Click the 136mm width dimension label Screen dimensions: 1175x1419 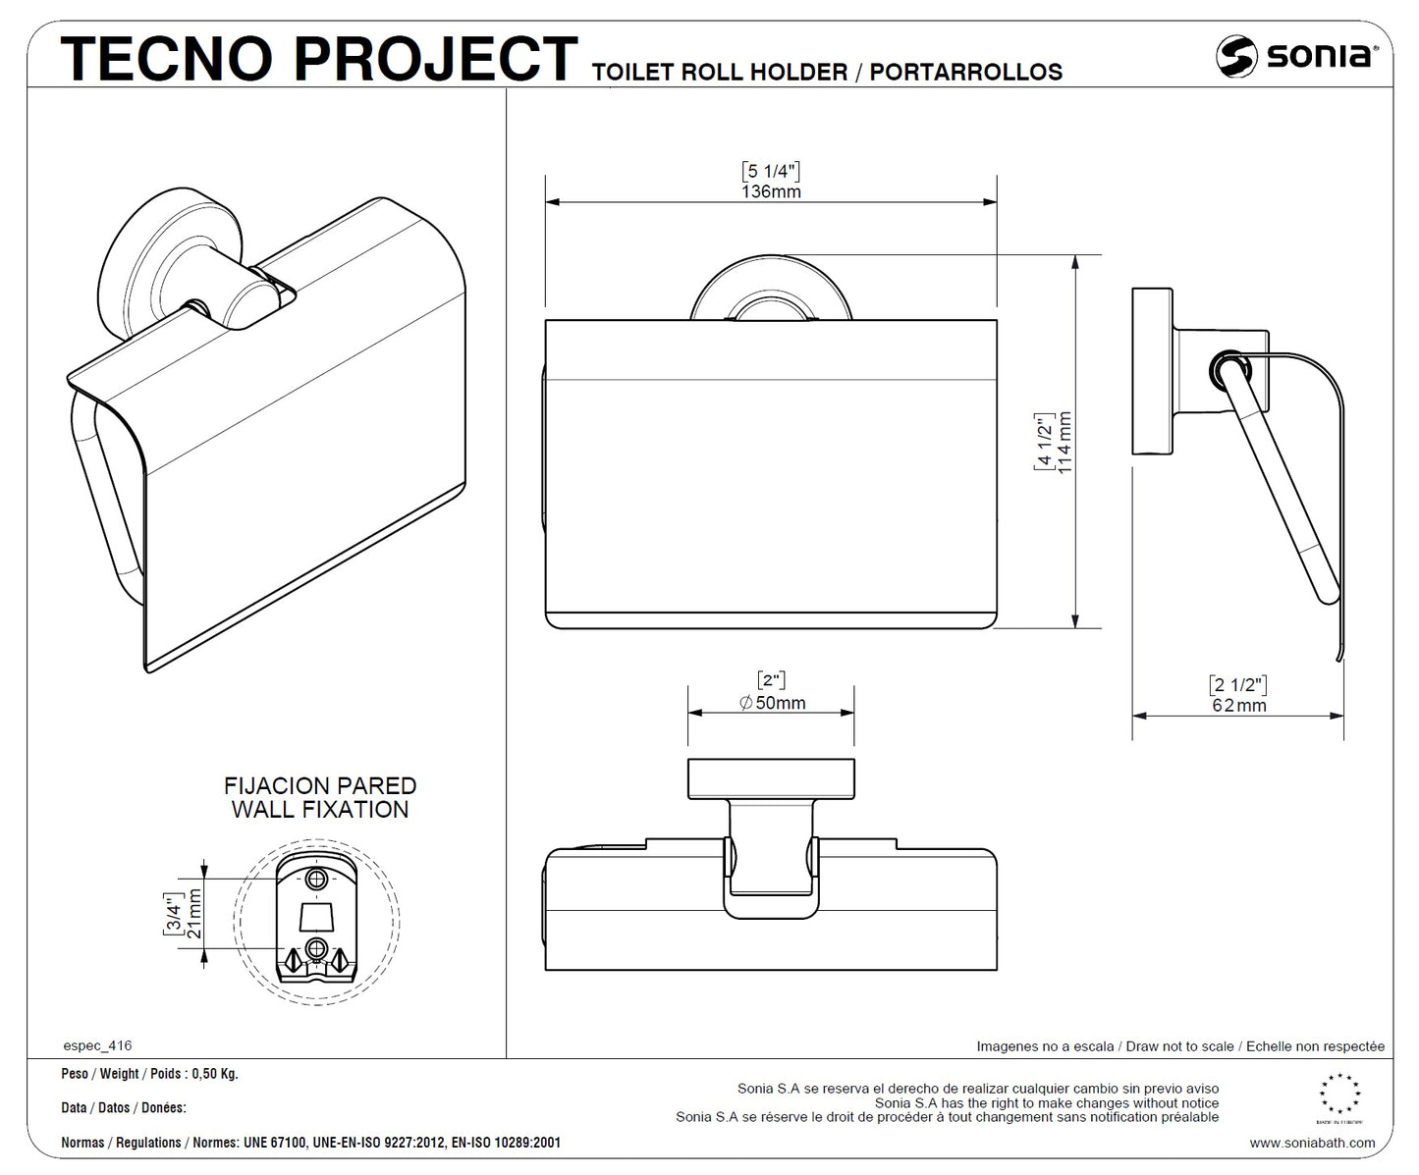click(771, 191)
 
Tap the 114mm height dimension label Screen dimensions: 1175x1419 click(1064, 443)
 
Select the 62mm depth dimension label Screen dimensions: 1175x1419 click(1238, 705)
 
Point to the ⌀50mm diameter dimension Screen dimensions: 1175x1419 click(772, 702)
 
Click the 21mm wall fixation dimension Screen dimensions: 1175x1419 click(194, 913)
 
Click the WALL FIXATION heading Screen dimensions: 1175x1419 click(320, 810)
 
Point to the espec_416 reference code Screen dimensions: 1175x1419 click(96, 1045)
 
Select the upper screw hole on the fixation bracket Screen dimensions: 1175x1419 click(317, 877)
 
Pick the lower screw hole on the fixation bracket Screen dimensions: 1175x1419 click(317, 947)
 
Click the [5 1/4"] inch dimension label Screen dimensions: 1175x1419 click(771, 171)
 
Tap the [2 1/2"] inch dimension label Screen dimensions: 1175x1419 click(1238, 684)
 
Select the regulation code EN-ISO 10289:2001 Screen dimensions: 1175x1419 click(506, 1143)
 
